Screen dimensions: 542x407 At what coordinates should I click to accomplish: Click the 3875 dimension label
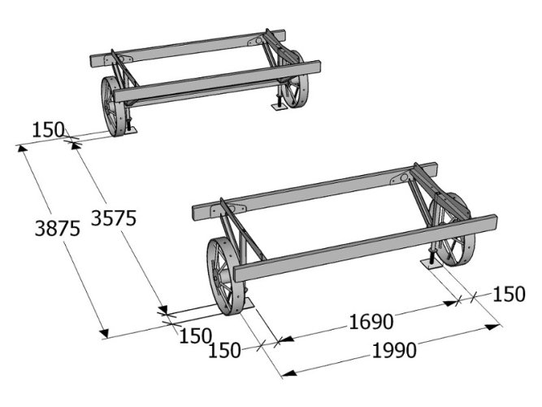coord(58,228)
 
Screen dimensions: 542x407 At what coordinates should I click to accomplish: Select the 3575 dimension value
coord(114,218)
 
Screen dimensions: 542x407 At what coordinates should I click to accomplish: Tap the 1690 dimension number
coord(371,322)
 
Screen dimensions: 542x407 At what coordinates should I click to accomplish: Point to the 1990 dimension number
coord(394,351)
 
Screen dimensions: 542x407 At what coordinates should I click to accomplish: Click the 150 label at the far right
coord(509,294)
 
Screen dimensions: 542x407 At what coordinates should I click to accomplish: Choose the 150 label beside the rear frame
coord(48,130)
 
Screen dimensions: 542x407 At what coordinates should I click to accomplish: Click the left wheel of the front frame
coord(224,276)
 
